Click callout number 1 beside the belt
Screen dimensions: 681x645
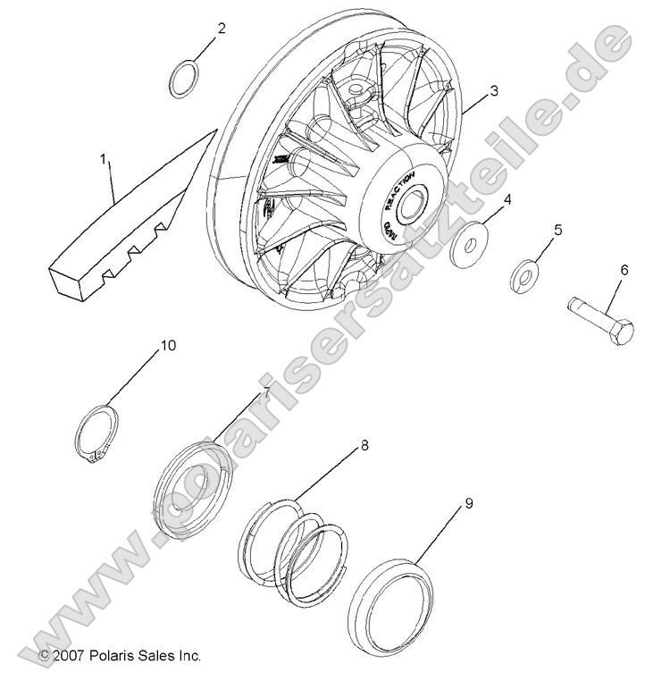tap(104, 160)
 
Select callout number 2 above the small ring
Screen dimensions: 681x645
tap(221, 29)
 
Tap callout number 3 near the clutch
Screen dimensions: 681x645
tap(493, 91)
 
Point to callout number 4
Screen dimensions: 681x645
tap(507, 200)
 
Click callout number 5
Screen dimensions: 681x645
tap(557, 231)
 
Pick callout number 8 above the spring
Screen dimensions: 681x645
tap(364, 444)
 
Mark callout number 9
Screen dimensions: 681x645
tap(468, 504)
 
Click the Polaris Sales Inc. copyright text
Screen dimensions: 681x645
tap(120, 656)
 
